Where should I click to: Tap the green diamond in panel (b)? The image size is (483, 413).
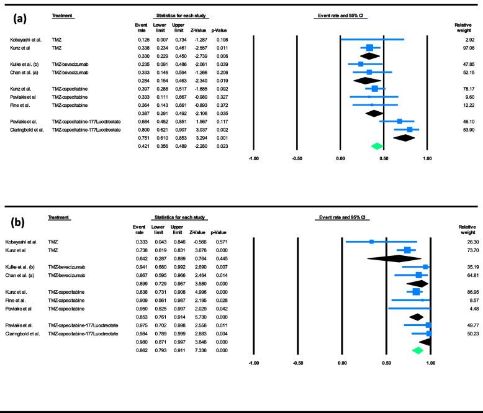[417, 350]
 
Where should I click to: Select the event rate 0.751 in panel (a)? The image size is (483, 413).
[141, 138]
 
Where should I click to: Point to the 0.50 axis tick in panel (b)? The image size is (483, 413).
[386, 361]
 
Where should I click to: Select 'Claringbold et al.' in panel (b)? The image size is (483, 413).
[26, 332]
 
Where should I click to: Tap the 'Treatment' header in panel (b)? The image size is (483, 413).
[60, 217]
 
